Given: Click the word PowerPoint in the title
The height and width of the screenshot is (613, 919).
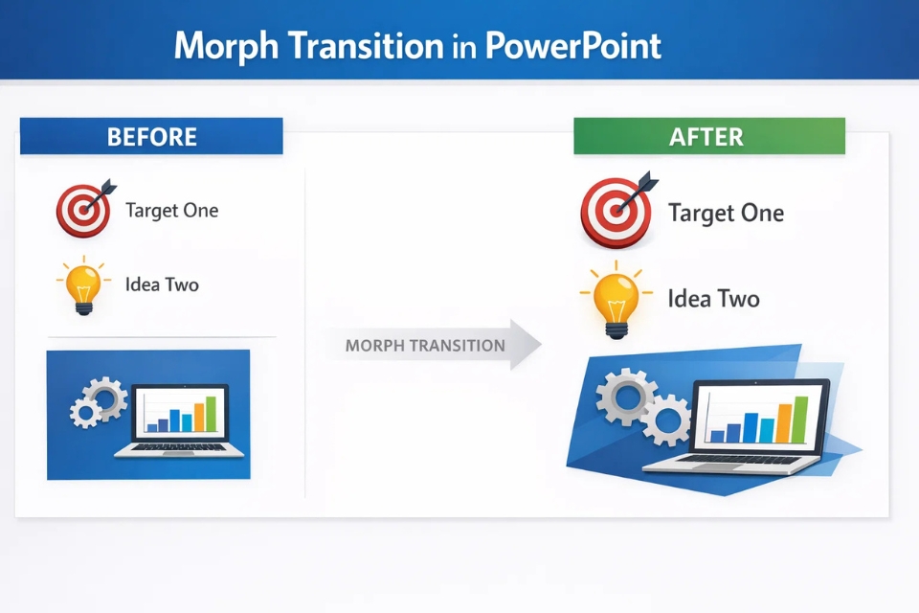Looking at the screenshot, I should pos(572,45).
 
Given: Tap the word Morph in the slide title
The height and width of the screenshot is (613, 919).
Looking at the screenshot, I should pos(226,45).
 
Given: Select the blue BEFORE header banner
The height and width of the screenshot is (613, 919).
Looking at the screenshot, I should pos(151,136).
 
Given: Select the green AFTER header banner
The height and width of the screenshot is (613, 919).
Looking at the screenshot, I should pos(708,136).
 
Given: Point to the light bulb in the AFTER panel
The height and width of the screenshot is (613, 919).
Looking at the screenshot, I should pos(615,299).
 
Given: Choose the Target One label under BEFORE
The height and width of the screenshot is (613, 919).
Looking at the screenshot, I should pos(171,210).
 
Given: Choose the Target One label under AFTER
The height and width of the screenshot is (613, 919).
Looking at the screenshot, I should pos(726,213).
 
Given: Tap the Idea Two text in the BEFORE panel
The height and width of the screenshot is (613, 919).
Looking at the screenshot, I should pos(162,284).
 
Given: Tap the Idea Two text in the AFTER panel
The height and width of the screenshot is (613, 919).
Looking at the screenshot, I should pos(713,299).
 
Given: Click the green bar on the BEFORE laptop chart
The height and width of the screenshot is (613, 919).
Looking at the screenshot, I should pos(211,414).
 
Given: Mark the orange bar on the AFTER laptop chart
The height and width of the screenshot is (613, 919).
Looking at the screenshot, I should pos(784,421).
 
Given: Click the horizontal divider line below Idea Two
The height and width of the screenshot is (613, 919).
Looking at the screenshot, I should pos(162,337).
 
